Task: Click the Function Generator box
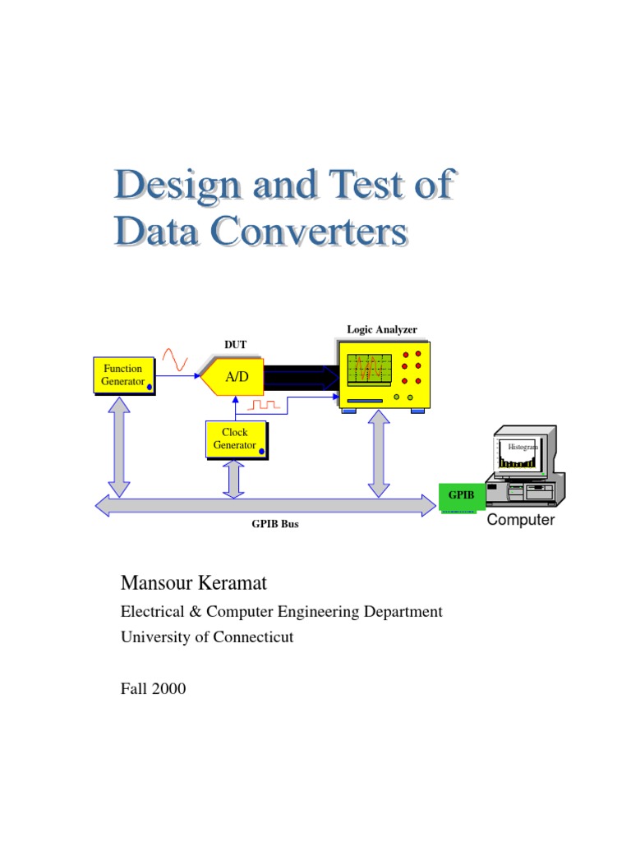click(x=122, y=375)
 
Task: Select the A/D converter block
click(x=233, y=377)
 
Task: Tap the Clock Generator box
click(x=235, y=439)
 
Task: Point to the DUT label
click(x=235, y=344)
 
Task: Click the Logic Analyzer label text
click(x=382, y=329)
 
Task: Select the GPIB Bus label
click(x=274, y=524)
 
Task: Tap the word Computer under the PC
click(x=521, y=521)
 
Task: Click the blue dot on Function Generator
click(x=150, y=385)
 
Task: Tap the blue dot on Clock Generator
click(x=261, y=449)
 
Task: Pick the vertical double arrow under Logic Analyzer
click(x=379, y=453)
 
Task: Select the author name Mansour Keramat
click(x=194, y=584)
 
